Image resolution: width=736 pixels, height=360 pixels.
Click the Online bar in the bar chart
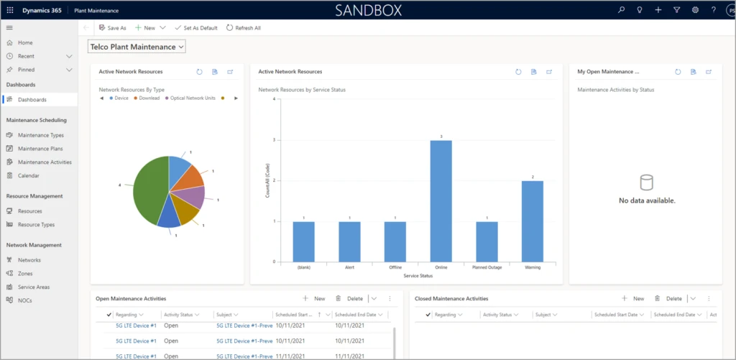point(440,200)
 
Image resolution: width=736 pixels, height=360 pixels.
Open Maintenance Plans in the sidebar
point(40,149)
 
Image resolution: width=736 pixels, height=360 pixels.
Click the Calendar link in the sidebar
point(29,175)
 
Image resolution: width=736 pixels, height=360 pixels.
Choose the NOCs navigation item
point(25,300)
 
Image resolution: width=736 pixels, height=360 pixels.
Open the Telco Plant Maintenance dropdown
point(137,47)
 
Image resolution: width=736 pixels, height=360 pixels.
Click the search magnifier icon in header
point(622,10)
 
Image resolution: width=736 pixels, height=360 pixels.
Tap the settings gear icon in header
point(695,10)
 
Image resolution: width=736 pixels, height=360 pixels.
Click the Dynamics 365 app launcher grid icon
point(10,10)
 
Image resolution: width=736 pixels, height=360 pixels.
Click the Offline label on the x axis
point(395,267)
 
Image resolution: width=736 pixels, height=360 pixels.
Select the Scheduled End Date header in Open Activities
point(356,315)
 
